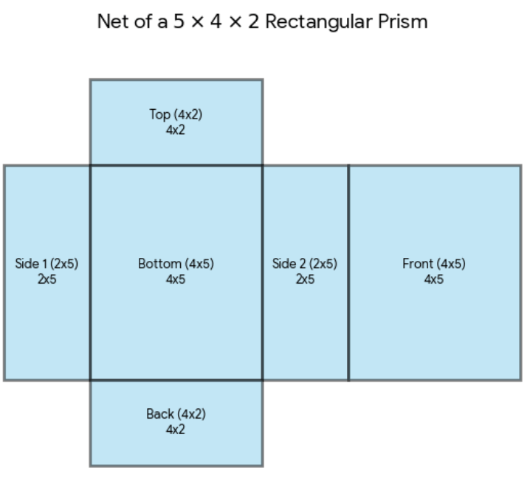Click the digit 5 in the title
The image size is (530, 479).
(179, 21)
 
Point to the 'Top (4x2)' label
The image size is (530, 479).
(176, 115)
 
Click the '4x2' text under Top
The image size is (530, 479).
(176, 130)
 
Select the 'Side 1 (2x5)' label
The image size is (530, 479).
(47, 264)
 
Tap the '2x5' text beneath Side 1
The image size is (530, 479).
(47, 279)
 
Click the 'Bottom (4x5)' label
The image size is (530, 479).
(176, 264)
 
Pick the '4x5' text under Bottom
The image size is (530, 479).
(176, 279)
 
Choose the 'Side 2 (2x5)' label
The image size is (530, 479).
(305, 264)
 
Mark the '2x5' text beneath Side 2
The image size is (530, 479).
(305, 279)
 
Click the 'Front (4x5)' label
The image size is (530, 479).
(433, 264)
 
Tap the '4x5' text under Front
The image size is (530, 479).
(433, 279)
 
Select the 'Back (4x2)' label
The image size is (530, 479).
(176, 414)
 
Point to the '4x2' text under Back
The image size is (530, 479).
(176, 430)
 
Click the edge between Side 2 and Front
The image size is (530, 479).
(348, 273)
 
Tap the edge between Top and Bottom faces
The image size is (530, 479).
(176, 165)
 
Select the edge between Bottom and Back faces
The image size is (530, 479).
(176, 380)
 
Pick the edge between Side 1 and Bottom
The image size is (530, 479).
(91, 273)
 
